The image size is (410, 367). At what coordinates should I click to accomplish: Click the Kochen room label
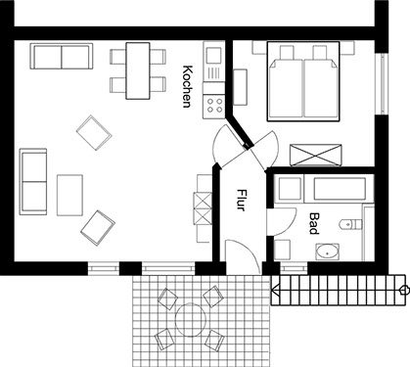187,86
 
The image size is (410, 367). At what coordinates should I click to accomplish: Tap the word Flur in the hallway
241,200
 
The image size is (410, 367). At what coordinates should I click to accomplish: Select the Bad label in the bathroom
314,224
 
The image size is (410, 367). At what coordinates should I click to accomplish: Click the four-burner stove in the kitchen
214,105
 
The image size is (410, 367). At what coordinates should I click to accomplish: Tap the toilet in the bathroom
350,224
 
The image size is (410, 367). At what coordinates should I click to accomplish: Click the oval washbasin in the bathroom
328,252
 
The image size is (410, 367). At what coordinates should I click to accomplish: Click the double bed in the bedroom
303,81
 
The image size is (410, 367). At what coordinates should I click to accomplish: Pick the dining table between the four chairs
138,70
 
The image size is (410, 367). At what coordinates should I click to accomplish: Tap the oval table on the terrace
191,320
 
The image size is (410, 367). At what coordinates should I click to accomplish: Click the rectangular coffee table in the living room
69,195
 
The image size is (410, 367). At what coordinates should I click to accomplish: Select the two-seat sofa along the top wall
62,56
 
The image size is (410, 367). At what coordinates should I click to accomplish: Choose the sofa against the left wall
33,182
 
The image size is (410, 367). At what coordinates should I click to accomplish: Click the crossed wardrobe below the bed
316,155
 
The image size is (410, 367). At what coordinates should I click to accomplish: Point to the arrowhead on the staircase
275,290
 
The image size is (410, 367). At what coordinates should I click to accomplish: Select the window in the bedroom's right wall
382,83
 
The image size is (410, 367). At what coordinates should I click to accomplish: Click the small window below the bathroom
294,268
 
